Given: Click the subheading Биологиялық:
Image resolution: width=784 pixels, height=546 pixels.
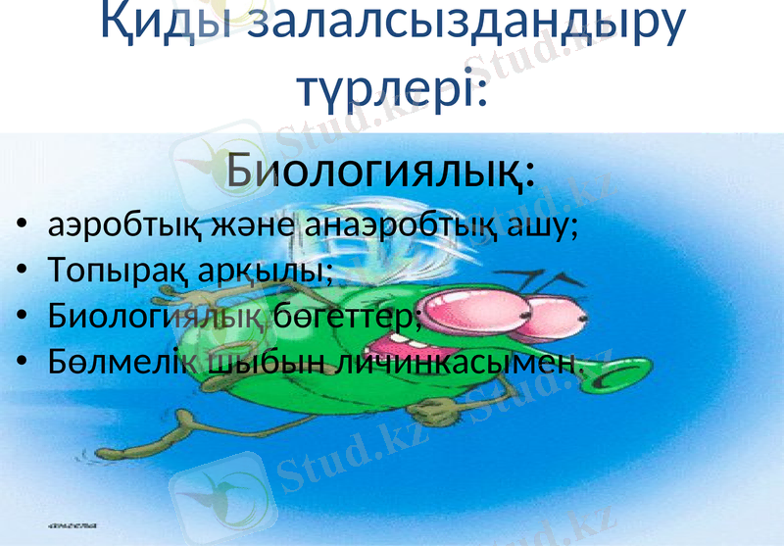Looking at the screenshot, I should pyautogui.click(x=380, y=173).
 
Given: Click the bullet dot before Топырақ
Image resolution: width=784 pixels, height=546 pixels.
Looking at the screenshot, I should pyautogui.click(x=24, y=273).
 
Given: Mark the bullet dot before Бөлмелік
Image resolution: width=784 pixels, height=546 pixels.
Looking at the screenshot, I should pyautogui.click(x=24, y=363).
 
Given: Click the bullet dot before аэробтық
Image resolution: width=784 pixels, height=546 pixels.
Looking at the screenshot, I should pyautogui.click(x=24, y=228).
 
